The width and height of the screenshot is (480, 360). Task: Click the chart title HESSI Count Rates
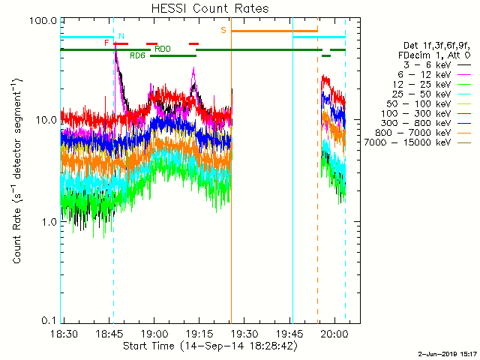209,8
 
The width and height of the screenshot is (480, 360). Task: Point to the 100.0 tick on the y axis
46,20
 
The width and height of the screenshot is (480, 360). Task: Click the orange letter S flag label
223,30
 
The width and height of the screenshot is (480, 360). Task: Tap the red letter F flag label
106,43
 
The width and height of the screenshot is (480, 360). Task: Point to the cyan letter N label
121,36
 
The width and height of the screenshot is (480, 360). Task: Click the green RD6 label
138,56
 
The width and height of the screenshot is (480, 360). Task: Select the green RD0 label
162,49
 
